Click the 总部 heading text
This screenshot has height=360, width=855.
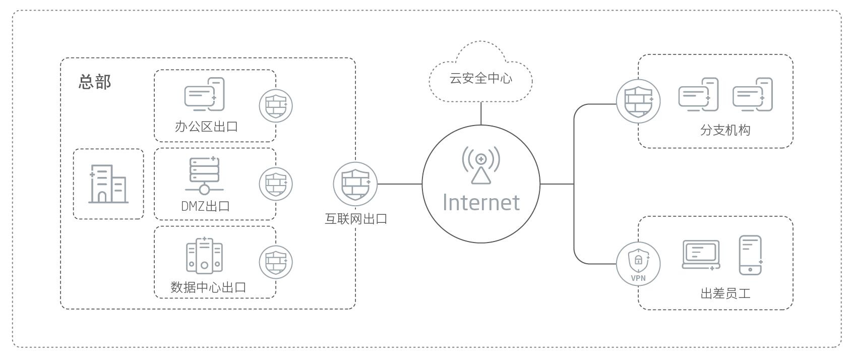[95, 82]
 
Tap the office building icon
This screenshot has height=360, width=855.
[108, 184]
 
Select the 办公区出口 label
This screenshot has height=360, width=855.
[206, 127]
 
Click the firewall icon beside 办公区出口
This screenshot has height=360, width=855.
[276, 106]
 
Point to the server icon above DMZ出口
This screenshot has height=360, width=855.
[204, 175]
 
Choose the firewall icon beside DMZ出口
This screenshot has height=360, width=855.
[276, 184]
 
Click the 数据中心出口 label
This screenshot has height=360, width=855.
[208, 287]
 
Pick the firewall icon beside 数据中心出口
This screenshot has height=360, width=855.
[276, 262]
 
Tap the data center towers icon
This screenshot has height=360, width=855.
[204, 256]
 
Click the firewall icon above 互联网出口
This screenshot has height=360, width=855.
[355, 184]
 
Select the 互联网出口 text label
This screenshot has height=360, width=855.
[356, 219]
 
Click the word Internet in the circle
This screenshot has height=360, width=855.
[481, 202]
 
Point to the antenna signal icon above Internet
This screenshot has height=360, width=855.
[481, 165]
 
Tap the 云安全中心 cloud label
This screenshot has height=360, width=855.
[480, 78]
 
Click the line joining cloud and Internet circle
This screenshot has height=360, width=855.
[481, 113]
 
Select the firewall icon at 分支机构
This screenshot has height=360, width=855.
[638, 101]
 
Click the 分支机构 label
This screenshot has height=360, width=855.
[725, 130]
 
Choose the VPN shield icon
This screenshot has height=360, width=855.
[638, 264]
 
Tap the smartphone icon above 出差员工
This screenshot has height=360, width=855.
[751, 255]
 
